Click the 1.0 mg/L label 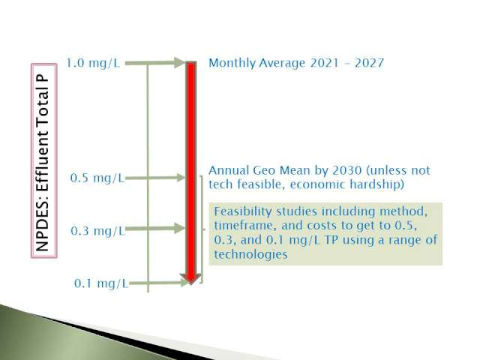(x=93, y=63)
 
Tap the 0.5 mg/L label (x=97, y=178)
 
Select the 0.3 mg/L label (x=97, y=231)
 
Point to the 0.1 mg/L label (x=101, y=283)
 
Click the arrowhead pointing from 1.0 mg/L (x=179, y=63)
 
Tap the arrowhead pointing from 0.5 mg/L (x=180, y=178)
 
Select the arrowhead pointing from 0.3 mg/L (x=180, y=228)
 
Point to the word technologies (x=250, y=254)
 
